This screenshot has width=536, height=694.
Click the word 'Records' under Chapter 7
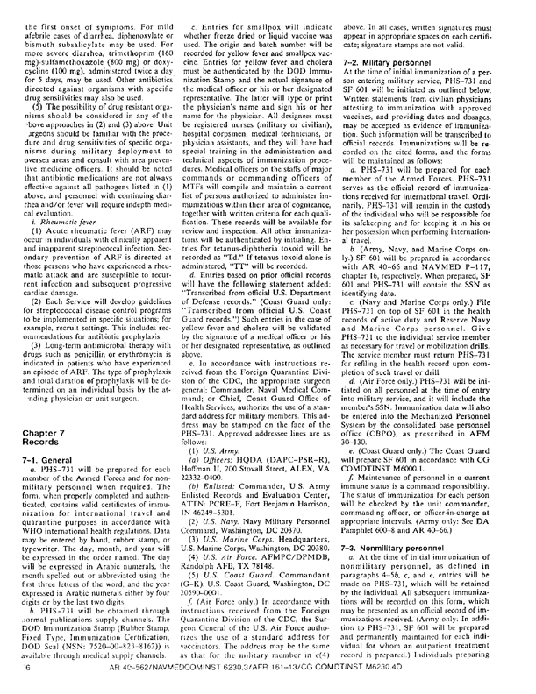(35, 429)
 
